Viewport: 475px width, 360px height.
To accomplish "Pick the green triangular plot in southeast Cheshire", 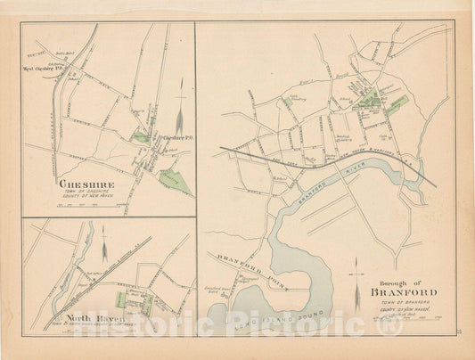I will pos(176,182).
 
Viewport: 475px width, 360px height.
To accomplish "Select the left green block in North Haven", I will pos(120,299).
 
